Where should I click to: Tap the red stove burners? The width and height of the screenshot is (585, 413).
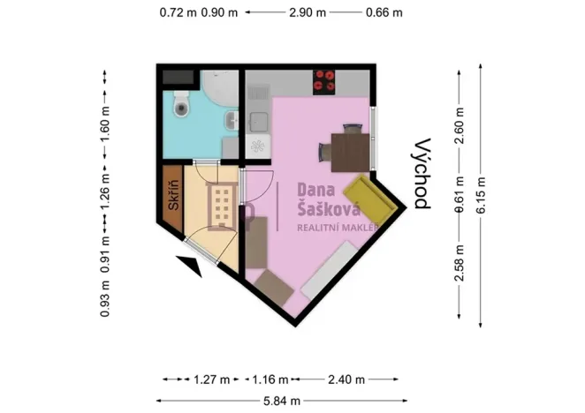point(324,81)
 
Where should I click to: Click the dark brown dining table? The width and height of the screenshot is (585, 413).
point(346,147)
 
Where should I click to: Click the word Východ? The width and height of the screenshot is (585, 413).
point(422,173)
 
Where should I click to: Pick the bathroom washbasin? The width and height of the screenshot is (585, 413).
point(232,122)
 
